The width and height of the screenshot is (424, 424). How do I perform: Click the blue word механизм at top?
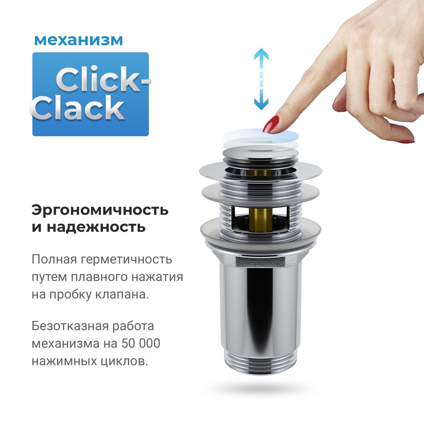click(78, 40)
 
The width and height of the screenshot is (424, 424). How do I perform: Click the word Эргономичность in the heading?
click(100, 210)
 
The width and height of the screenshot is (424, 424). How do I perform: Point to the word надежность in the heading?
click(96, 227)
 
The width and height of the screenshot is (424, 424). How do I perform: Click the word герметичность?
click(126, 259)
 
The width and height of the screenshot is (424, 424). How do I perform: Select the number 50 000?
click(140, 343)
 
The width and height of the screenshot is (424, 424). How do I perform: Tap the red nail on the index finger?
click(271, 124)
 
